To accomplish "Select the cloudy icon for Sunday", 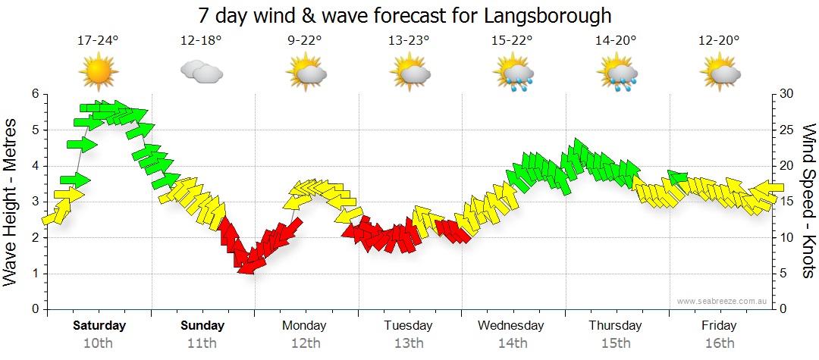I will click(x=201, y=73).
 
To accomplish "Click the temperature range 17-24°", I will click(x=99, y=41).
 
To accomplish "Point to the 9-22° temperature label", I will click(x=306, y=41).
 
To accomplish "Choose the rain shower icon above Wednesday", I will click(x=514, y=74).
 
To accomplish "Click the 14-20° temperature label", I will click(x=616, y=41).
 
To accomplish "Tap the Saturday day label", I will click(x=99, y=326).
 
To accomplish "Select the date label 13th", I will click(x=408, y=343).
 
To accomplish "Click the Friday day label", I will click(x=718, y=326).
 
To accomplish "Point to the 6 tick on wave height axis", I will click(x=34, y=94).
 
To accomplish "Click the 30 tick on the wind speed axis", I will click(x=788, y=94).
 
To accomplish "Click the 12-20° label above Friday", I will click(x=719, y=41).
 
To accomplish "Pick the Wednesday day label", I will click(x=511, y=326).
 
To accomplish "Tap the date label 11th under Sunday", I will click(x=202, y=343).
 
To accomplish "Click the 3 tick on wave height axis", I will click(x=34, y=202).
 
